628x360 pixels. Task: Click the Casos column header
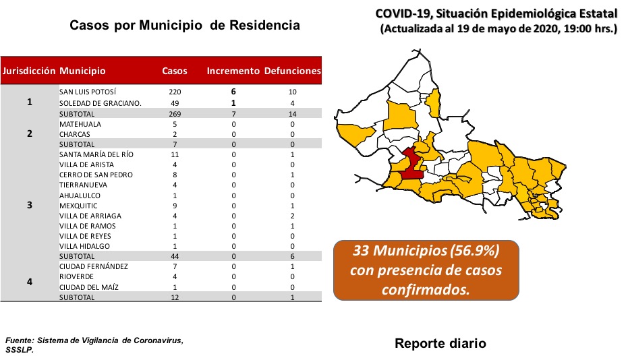(x=174, y=71)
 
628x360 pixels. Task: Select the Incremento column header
(x=233, y=71)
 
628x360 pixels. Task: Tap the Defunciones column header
(x=292, y=71)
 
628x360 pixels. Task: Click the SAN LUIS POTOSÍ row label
(x=88, y=92)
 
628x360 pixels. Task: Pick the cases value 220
(x=175, y=92)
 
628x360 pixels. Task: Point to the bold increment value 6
(x=233, y=92)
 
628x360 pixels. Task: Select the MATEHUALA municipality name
(x=80, y=124)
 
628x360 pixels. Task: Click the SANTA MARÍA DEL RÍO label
(x=96, y=154)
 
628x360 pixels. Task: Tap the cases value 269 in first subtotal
(x=175, y=114)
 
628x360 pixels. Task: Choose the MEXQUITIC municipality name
(x=78, y=206)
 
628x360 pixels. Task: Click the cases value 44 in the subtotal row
(x=175, y=256)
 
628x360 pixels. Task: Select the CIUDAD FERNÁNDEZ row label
(x=94, y=266)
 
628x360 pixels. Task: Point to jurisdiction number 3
(x=30, y=205)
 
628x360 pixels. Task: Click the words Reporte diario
(x=440, y=343)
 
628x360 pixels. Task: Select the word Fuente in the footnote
(x=20, y=340)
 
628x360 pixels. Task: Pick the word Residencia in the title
(x=264, y=25)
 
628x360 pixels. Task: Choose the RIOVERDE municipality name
(x=76, y=276)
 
